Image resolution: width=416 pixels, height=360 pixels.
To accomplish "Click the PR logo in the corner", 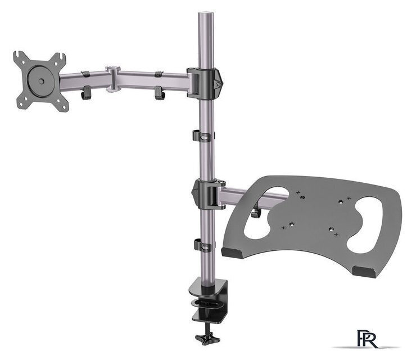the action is pyautogui.click(x=367, y=339).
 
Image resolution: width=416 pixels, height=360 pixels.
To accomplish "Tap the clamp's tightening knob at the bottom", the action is pyautogui.click(x=207, y=338).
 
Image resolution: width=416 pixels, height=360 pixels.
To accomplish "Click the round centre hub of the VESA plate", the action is pyautogui.click(x=41, y=81).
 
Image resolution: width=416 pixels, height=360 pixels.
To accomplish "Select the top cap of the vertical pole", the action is pyautogui.click(x=206, y=13).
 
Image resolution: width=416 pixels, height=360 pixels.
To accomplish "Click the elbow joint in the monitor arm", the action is pyautogui.click(x=114, y=79).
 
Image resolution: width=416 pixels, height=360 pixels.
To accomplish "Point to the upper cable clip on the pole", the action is pyautogui.click(x=203, y=136).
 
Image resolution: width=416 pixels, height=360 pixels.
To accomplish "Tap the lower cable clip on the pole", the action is pyautogui.click(x=203, y=245).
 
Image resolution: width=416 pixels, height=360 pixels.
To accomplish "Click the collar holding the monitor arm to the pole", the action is pyautogui.click(x=205, y=83).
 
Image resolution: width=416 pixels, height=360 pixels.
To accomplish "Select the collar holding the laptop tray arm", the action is pyautogui.click(x=208, y=194).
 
